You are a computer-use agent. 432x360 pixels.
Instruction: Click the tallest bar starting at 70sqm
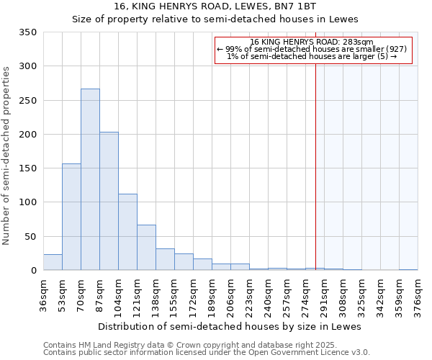tap(90, 180)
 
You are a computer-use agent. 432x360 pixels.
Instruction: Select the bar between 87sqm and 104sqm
tap(109, 202)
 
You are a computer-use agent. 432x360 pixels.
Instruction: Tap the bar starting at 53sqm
tap(71, 217)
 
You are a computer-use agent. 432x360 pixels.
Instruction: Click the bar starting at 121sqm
tap(146, 248)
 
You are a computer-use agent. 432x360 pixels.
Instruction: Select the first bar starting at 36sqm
tap(53, 263)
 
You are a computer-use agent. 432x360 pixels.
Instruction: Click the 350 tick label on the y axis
tap(28, 32)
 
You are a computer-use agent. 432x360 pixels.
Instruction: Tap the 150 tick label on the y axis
tap(28, 168)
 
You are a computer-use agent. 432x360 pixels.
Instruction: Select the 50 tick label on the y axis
tap(31, 236)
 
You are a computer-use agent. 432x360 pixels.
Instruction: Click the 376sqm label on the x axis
tap(418, 296)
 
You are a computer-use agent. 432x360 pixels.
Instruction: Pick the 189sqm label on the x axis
tap(212, 296)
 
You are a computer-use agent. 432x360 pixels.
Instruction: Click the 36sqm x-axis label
tap(43, 296)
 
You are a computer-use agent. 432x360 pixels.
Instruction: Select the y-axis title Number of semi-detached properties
tap(7, 155)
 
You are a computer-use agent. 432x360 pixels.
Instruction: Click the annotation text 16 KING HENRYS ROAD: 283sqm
tap(312, 42)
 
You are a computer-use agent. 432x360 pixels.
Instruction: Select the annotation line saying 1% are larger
tap(312, 56)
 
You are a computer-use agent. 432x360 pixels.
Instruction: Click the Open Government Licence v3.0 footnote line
tap(206, 352)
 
